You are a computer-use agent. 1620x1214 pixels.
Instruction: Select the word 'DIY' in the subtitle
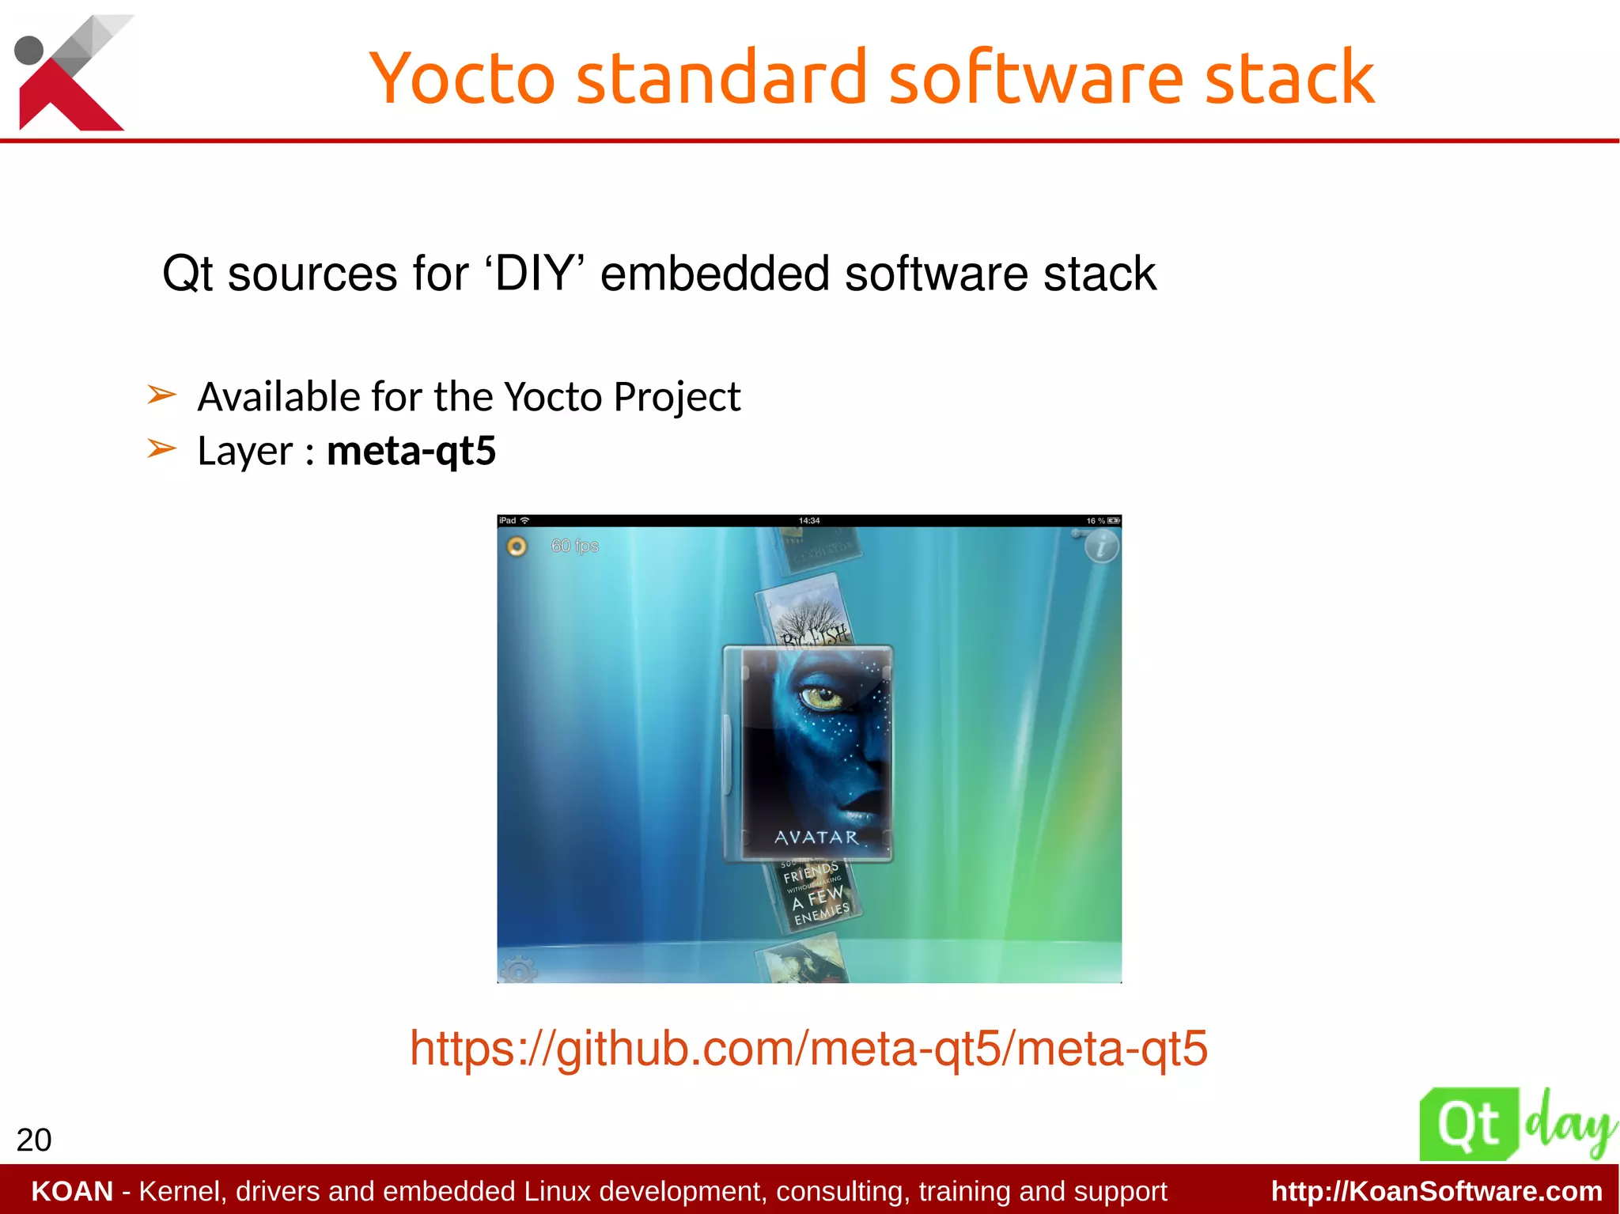tap(534, 274)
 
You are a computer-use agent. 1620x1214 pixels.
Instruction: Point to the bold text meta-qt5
tap(411, 451)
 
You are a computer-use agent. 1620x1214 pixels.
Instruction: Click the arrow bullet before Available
tap(161, 394)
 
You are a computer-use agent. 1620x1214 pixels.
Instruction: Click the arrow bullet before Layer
tap(161, 448)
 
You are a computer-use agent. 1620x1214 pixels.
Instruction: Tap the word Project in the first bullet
tap(676, 397)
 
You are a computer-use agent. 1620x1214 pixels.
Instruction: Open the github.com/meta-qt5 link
tap(808, 1049)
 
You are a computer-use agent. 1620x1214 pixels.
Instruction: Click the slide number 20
tap(34, 1140)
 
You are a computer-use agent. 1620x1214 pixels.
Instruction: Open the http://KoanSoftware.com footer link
tap(1436, 1191)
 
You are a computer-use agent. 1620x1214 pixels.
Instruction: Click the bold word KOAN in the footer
tap(72, 1191)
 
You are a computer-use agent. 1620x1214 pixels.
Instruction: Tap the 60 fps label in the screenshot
tap(574, 546)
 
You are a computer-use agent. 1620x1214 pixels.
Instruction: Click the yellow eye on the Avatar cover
tap(818, 696)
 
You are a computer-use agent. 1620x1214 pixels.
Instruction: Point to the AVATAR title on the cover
tap(816, 838)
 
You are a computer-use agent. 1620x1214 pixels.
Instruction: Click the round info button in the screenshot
tap(1101, 546)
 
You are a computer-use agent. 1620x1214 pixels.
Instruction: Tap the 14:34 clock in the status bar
tap(809, 520)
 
